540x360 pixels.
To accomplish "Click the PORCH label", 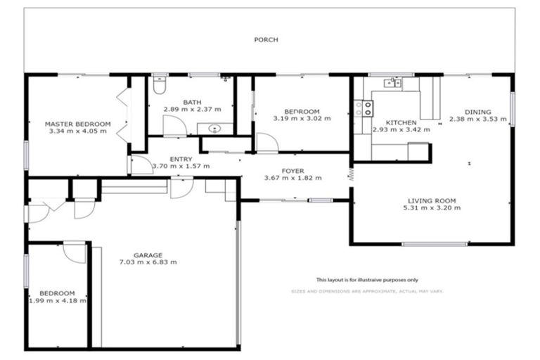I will coord(266,40).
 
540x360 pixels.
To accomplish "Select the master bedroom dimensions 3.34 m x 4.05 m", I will coord(78,131).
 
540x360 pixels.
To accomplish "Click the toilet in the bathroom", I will coord(158,87).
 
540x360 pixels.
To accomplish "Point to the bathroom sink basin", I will coord(215,129).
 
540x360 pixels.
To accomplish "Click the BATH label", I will coord(192,102).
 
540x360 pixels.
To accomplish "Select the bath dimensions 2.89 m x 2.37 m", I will coord(192,110).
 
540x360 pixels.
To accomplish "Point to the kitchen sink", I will coord(392,84).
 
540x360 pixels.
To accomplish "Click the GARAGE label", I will coord(148,255).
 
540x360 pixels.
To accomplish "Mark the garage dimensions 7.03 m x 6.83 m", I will coord(148,262).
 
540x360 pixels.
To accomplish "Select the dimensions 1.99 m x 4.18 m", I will coord(58,300).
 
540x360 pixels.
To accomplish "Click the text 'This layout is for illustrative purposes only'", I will coord(366,279).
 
